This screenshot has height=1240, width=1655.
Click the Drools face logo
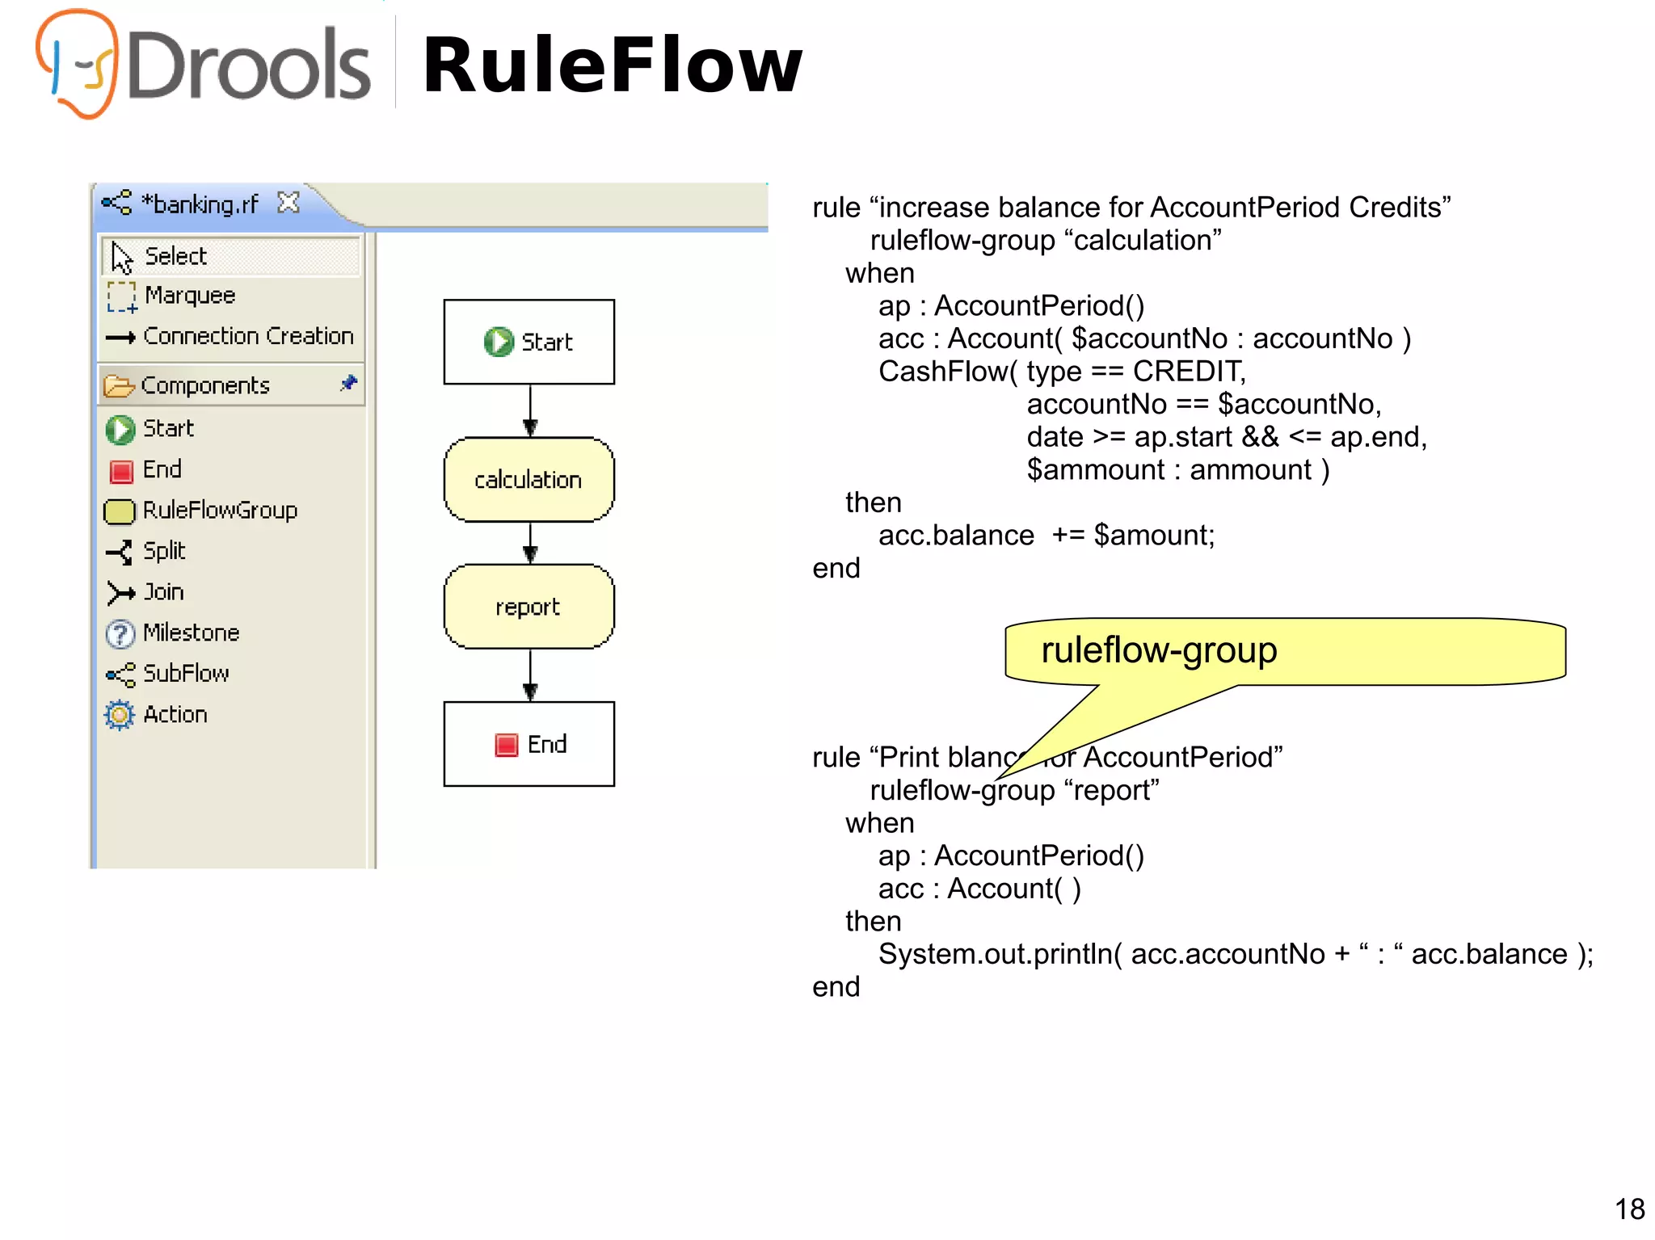tap(77, 63)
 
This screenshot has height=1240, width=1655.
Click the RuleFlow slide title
tap(612, 65)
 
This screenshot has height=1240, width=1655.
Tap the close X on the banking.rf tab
tap(288, 202)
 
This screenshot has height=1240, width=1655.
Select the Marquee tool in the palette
tap(189, 296)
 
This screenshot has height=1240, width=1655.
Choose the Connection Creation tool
tap(247, 336)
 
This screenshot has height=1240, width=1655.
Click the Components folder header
tap(205, 385)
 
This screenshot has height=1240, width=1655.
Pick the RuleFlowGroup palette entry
tap(219, 511)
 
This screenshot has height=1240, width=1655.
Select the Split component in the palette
tap(163, 551)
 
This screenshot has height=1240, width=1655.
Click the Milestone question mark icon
tap(120, 634)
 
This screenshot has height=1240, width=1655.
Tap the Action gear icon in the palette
tap(120, 715)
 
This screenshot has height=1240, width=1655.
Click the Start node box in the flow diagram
tap(529, 342)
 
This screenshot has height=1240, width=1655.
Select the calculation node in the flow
tap(529, 480)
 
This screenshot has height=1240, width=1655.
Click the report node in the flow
tap(529, 607)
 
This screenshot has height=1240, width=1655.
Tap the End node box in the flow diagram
tap(529, 744)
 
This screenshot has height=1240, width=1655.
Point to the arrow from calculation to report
tap(530, 543)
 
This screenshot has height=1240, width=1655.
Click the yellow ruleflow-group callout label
tap(1158, 650)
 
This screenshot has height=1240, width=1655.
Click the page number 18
tap(1629, 1209)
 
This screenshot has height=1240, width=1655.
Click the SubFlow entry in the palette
tap(185, 674)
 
